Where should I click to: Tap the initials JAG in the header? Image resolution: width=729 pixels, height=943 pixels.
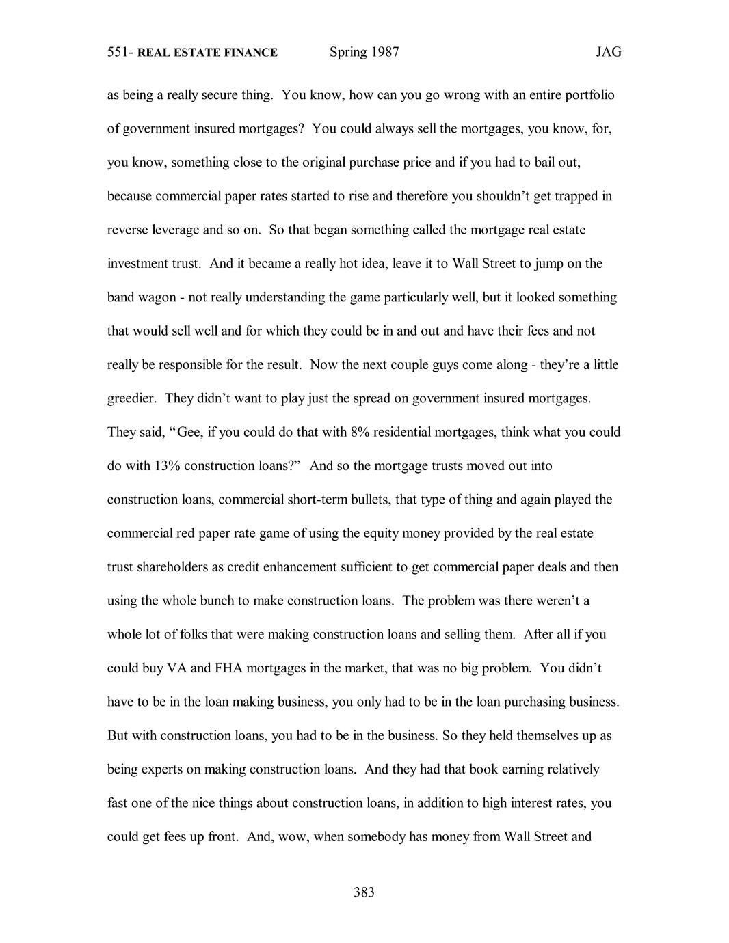pos(608,53)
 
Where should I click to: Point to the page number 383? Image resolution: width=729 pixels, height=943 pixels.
pos(364,892)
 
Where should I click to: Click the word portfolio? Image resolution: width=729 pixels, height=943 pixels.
pos(590,95)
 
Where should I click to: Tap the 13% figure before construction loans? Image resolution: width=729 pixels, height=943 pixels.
pos(165,466)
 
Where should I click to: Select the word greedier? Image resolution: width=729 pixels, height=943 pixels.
pos(131,399)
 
